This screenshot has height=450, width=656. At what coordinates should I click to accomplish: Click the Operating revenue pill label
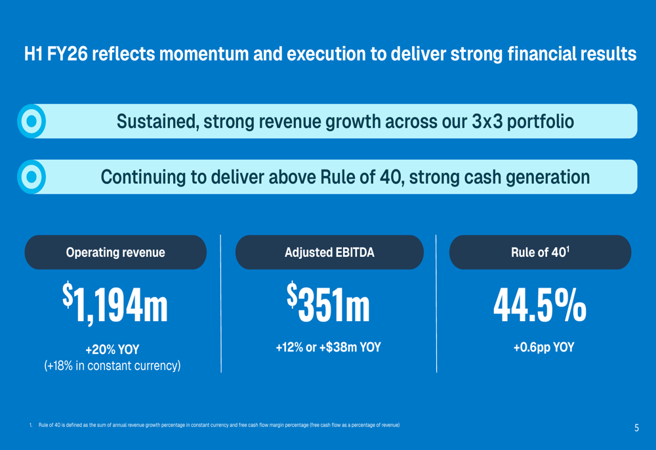point(115,252)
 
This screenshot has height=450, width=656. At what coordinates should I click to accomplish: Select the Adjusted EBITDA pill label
point(329,252)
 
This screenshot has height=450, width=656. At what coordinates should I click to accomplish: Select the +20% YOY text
point(112,349)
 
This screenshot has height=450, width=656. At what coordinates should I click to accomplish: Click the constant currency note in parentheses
point(112,365)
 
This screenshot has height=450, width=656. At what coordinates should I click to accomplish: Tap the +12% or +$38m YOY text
point(328,348)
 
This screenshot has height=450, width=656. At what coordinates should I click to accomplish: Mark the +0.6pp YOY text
point(543,348)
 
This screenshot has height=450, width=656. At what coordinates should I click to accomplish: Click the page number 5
point(636,428)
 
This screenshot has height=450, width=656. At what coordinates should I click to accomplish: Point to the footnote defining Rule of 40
point(216,425)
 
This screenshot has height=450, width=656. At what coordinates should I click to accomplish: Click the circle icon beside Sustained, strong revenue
point(31,121)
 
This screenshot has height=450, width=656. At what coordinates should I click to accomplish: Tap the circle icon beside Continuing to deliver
point(31,177)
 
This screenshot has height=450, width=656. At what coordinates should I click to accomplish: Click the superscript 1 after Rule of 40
point(567,249)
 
